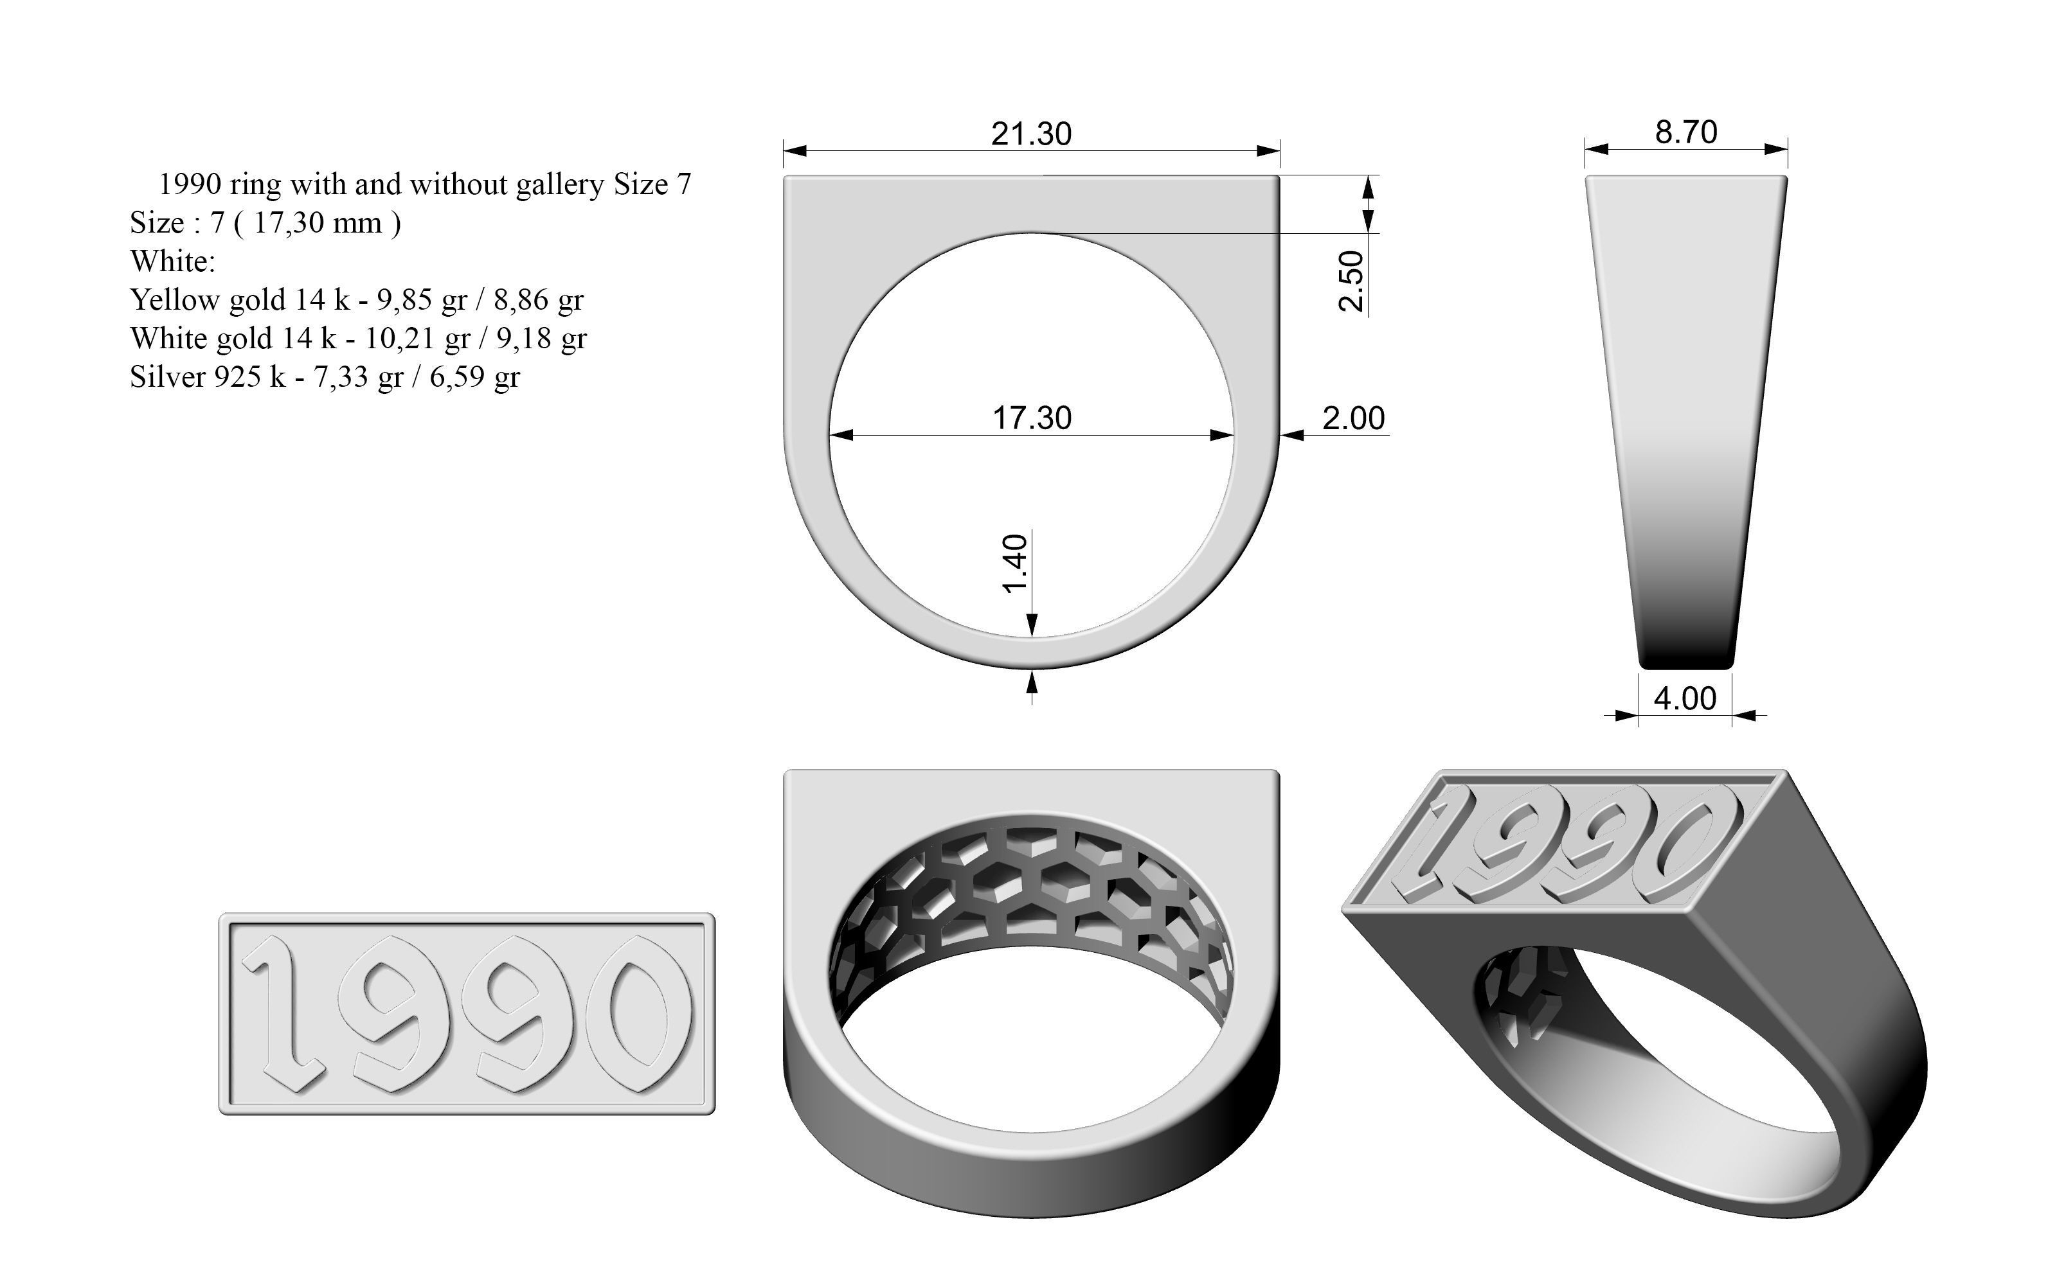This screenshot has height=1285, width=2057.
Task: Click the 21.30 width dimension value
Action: (1031, 134)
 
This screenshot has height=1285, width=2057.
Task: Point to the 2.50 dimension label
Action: (1351, 281)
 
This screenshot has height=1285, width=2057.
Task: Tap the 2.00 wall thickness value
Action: (1353, 418)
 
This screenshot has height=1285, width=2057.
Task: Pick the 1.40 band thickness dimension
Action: (1016, 563)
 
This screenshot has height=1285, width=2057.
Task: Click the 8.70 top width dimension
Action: (1685, 132)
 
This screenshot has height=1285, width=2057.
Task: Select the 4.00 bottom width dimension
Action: (1685, 698)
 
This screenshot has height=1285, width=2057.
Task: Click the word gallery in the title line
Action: (560, 184)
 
